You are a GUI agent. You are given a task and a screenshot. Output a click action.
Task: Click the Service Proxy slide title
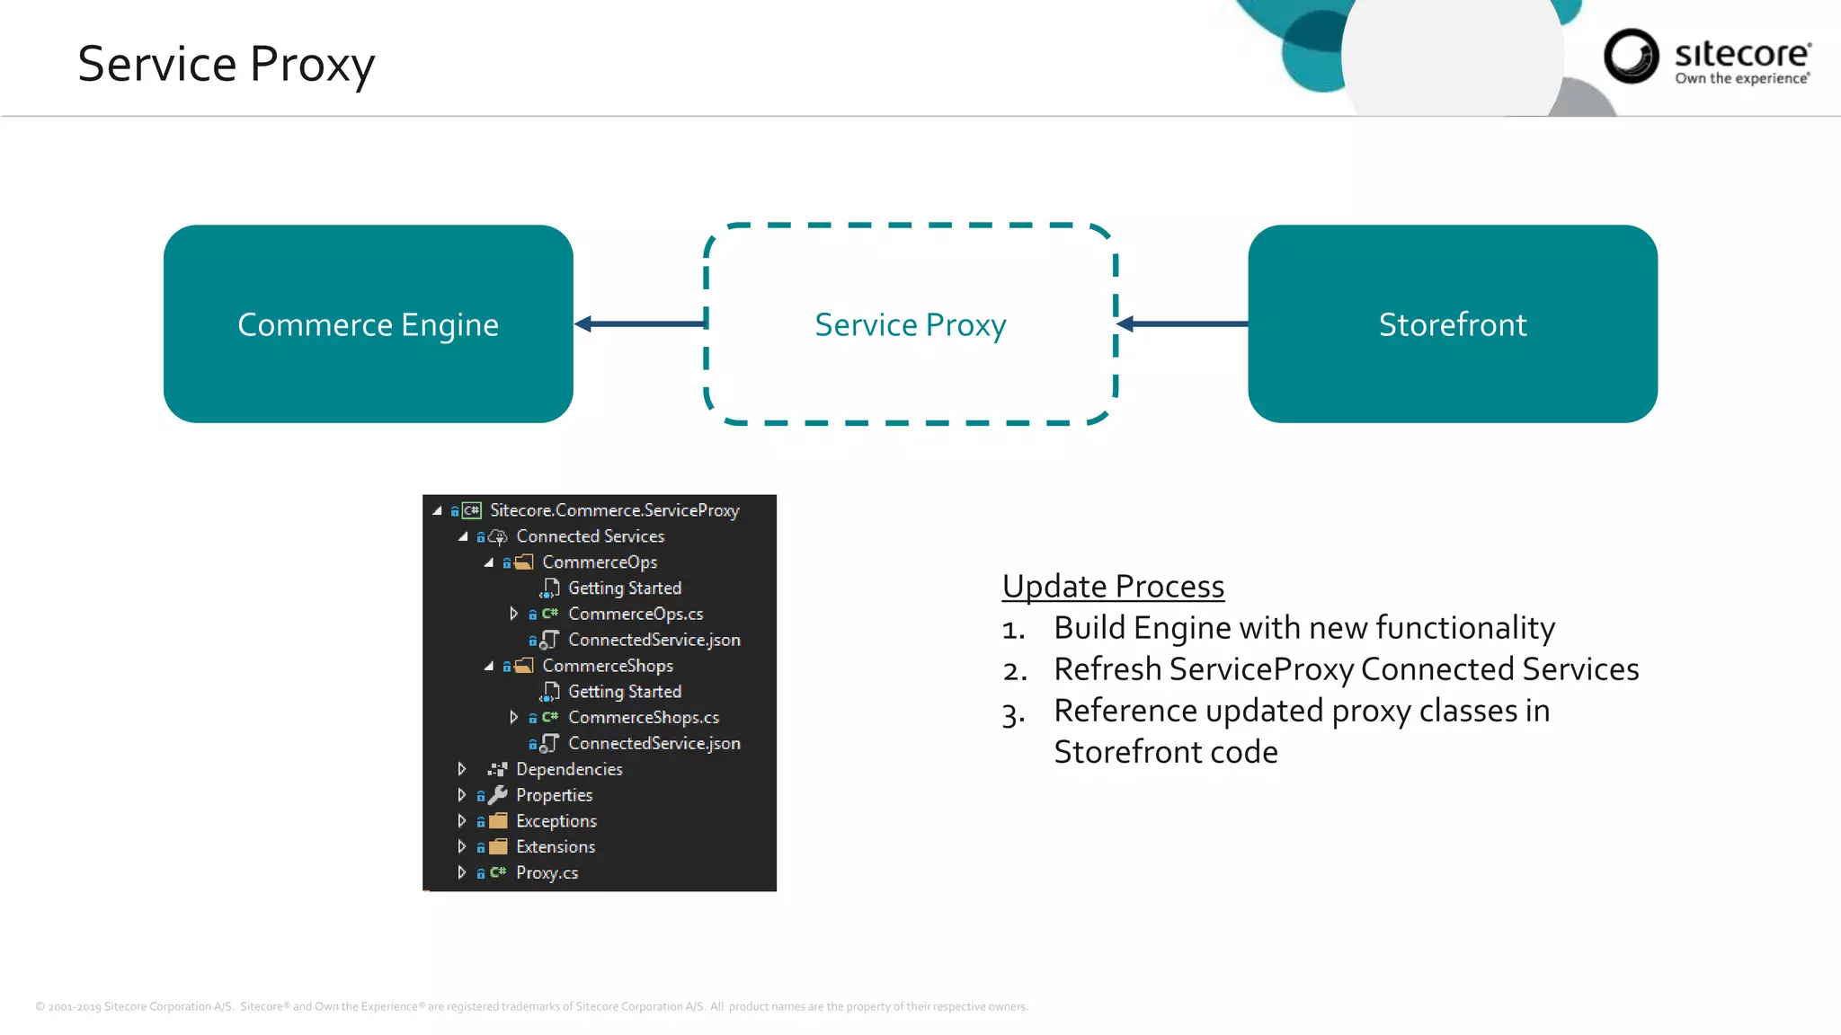click(226, 65)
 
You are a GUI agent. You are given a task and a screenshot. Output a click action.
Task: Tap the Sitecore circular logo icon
click(1631, 57)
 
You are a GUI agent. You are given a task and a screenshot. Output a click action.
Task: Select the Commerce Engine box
click(368, 324)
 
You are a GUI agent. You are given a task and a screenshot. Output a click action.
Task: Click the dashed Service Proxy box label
click(910, 325)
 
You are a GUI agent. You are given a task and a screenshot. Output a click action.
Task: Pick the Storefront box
click(1452, 324)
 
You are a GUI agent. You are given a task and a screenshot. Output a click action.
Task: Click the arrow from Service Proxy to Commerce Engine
click(640, 323)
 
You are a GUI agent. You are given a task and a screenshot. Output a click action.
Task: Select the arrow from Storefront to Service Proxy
click(1182, 323)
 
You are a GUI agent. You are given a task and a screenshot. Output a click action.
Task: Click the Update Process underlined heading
click(1113, 587)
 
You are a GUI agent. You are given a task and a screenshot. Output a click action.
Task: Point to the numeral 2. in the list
click(1015, 671)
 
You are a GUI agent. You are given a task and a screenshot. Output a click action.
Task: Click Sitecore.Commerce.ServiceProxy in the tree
click(614, 510)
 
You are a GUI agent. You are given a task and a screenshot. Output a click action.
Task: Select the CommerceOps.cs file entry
click(635, 614)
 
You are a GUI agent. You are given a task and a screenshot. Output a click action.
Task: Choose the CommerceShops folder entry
click(607, 666)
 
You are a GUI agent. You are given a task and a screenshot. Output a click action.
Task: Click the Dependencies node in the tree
click(568, 769)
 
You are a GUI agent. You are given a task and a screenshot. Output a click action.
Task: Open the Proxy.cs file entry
click(547, 872)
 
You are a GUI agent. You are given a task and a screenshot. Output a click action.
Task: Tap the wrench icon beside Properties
click(498, 795)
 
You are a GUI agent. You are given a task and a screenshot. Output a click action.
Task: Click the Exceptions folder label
click(556, 821)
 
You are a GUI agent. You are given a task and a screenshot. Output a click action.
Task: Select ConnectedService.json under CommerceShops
click(654, 743)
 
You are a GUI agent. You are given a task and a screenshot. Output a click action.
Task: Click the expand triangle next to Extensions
click(461, 846)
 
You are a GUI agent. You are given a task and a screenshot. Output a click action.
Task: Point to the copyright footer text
click(531, 1006)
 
